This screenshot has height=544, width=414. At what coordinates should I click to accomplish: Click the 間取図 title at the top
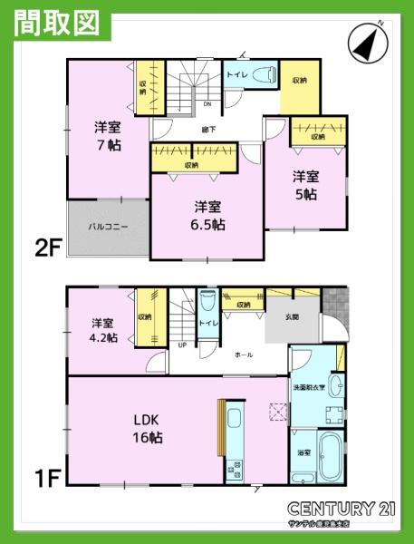pos(57,23)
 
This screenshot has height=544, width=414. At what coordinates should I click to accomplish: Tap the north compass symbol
pos(367,41)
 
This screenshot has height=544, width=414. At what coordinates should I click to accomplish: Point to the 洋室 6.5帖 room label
pos(208,215)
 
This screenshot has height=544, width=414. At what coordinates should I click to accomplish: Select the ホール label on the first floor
pos(243,355)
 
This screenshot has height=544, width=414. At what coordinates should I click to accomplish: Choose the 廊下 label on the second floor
pos(208,130)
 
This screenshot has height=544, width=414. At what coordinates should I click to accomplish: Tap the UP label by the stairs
pos(182,345)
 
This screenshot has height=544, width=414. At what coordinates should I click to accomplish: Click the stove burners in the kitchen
pos(237,470)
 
